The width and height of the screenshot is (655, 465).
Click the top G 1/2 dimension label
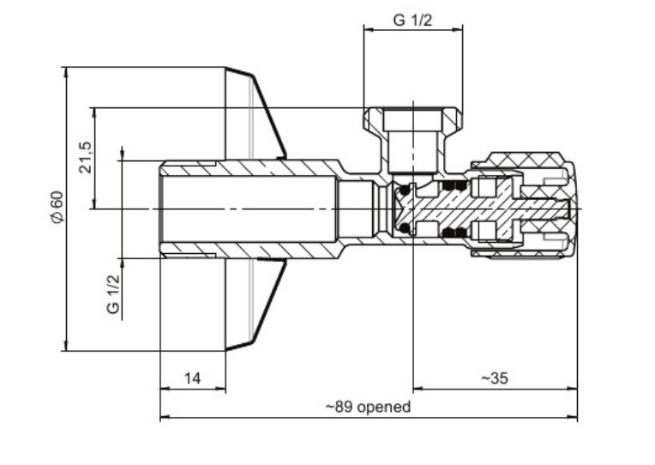coord(412,20)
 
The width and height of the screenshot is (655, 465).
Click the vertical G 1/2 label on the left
coord(113,293)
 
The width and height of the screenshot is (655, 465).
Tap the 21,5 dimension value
coord(85,158)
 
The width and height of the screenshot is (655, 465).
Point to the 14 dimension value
coord(193,378)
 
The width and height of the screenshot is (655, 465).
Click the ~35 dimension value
coord(495,378)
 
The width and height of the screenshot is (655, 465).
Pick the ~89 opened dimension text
coord(368,407)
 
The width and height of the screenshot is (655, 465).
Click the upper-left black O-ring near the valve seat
coord(405,190)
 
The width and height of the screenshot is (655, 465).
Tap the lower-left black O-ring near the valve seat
coord(405,228)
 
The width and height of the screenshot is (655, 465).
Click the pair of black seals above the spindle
coord(454,185)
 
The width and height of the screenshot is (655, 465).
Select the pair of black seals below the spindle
coord(454,233)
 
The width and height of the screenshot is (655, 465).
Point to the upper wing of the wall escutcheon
coord(255,114)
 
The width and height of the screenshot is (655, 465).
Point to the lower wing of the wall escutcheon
coord(255,305)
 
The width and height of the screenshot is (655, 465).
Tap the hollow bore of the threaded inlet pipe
coord(249,209)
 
